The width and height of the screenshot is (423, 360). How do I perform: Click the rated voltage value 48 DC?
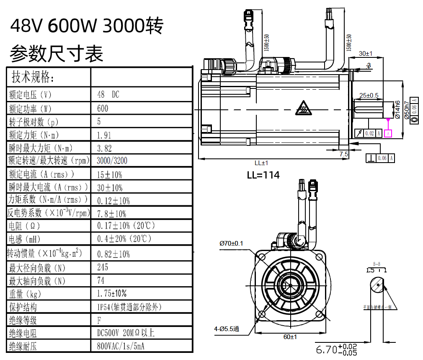[x=108, y=95]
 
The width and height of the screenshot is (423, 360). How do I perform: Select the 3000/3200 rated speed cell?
[x=112, y=161]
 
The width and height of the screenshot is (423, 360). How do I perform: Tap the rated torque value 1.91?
[x=104, y=135]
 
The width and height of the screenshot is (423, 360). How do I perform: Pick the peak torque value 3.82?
[x=104, y=148]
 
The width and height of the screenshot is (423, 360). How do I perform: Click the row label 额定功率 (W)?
[x=30, y=109]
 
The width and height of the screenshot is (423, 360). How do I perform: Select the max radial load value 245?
[x=102, y=267]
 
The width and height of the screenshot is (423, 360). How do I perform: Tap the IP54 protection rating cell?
[x=129, y=307]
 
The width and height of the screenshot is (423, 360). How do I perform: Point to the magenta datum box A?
[x=388, y=133]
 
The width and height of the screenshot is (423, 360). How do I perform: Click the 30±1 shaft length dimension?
[x=366, y=54]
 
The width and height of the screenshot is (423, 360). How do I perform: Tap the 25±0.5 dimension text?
[x=369, y=95]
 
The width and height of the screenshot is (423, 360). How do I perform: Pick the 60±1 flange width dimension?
[x=289, y=337]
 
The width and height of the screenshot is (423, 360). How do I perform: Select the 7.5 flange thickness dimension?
[x=343, y=154]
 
